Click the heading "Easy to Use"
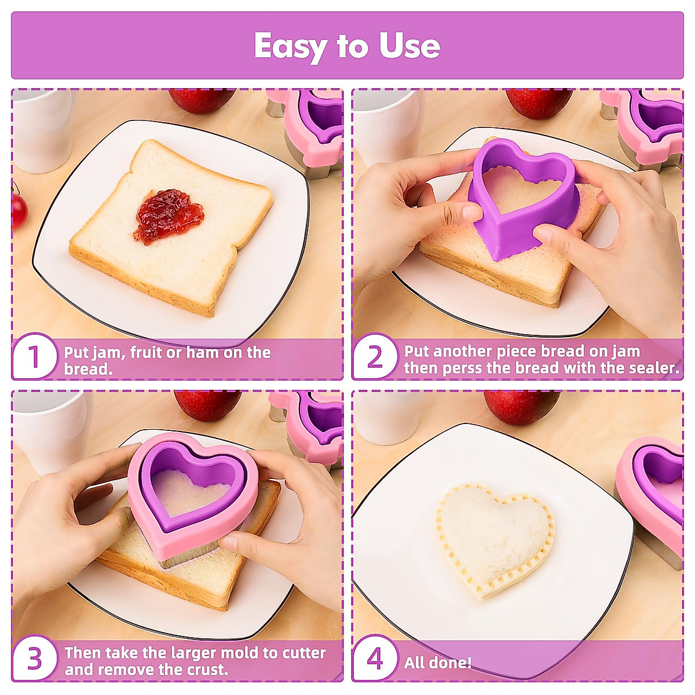347,46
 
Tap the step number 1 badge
35,357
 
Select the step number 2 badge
375,357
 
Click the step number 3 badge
35,659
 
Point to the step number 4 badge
375,659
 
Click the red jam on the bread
169,216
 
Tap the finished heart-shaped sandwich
493,533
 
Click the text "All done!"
438,663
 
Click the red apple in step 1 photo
200,100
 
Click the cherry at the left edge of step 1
19,210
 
